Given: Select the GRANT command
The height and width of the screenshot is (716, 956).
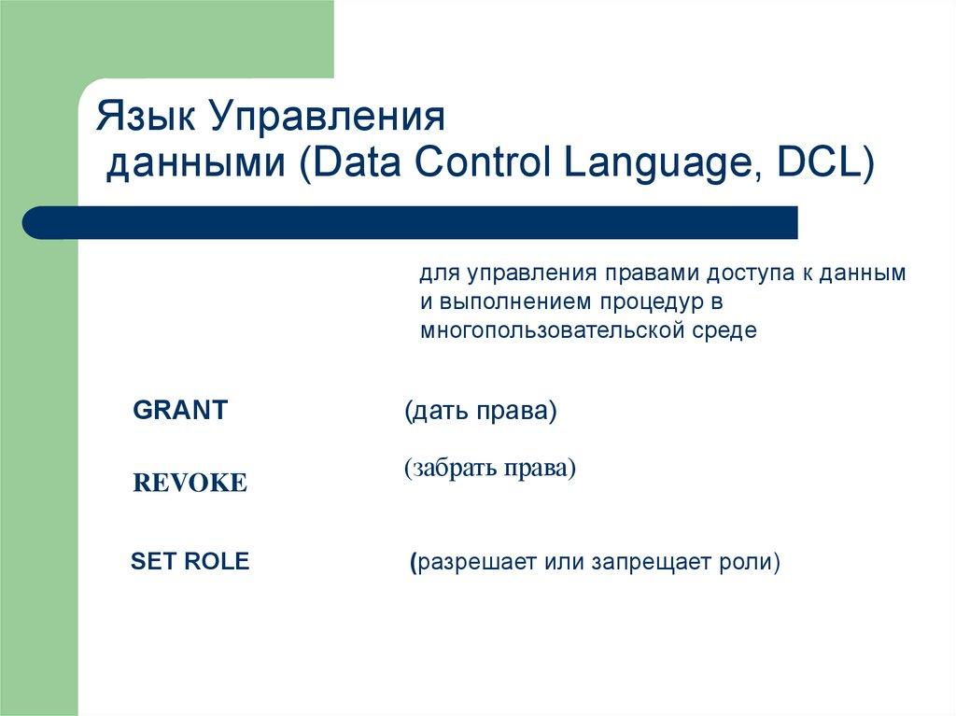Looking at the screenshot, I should (180, 411).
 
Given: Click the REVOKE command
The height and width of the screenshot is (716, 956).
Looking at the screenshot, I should (190, 483).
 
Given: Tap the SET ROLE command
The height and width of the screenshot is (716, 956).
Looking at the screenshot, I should (190, 562).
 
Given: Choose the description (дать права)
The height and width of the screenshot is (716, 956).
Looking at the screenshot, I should (481, 412).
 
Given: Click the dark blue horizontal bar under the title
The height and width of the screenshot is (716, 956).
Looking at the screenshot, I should (411, 222).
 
